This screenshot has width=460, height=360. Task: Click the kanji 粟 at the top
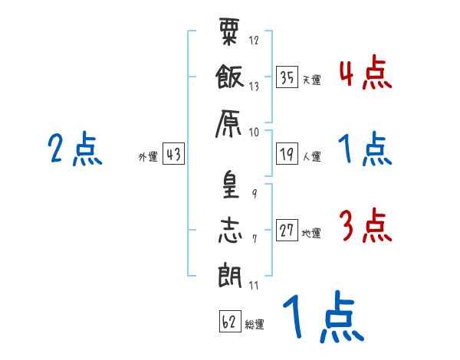229,31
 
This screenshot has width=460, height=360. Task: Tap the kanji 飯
230,77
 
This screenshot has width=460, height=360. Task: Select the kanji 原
228,124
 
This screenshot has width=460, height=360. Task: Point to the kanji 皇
230,185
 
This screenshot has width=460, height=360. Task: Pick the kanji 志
230,231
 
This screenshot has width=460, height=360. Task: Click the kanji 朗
230,275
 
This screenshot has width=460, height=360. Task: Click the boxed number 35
287,77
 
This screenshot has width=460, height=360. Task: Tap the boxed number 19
287,154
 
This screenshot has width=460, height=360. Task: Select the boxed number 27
287,230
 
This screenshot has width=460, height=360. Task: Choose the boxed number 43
173,154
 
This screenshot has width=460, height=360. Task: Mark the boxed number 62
230,321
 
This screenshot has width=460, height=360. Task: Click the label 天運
312,80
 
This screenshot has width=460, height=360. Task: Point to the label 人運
312,156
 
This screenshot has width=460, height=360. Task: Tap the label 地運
311,234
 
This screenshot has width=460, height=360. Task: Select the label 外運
148,157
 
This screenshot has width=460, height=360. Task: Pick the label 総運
255,325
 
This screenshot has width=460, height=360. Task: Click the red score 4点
366,72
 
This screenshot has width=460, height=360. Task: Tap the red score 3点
366,225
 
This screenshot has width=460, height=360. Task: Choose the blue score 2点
75,149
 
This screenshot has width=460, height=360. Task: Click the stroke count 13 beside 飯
254,87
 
